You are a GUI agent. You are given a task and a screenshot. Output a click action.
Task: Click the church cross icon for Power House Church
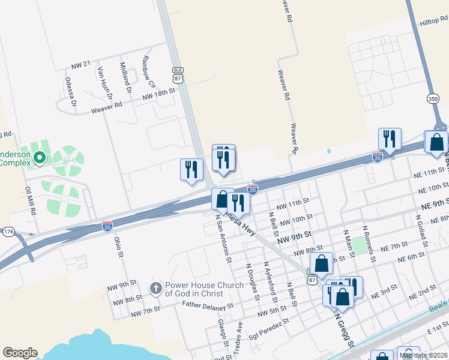(155, 289)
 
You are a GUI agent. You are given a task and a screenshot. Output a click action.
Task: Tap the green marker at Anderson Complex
(40, 158)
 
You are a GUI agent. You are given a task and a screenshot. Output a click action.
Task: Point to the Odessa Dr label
(71, 91)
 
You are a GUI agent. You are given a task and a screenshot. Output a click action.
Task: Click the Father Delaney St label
(208, 305)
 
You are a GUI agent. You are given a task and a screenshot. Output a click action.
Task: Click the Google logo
(20, 353)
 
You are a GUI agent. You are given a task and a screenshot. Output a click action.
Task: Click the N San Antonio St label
(223, 240)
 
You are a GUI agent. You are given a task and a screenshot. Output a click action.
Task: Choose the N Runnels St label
(369, 243)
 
